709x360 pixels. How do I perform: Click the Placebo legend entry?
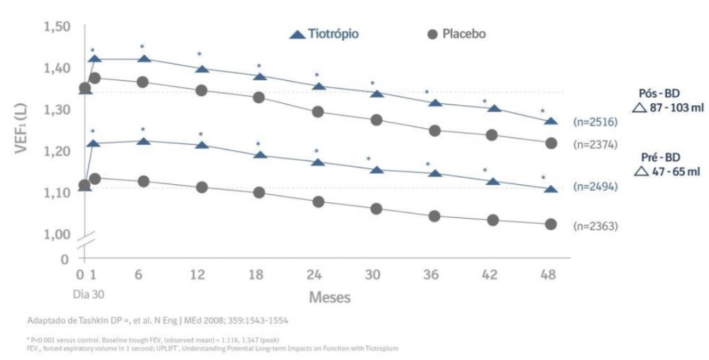point(456,34)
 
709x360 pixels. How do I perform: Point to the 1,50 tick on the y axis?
point(57,27)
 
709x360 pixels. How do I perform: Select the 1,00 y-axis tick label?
point(57,233)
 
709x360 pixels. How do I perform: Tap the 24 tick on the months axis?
point(316,274)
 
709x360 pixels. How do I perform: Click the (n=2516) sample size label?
point(595,122)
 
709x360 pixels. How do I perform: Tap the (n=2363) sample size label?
point(595,226)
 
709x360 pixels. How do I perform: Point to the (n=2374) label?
point(595,144)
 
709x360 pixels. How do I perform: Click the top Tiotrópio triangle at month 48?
point(551,121)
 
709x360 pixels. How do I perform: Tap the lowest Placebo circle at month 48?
point(551,224)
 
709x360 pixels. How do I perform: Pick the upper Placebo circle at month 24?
point(317,111)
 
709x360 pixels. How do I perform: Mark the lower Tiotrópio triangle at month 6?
point(143,141)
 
